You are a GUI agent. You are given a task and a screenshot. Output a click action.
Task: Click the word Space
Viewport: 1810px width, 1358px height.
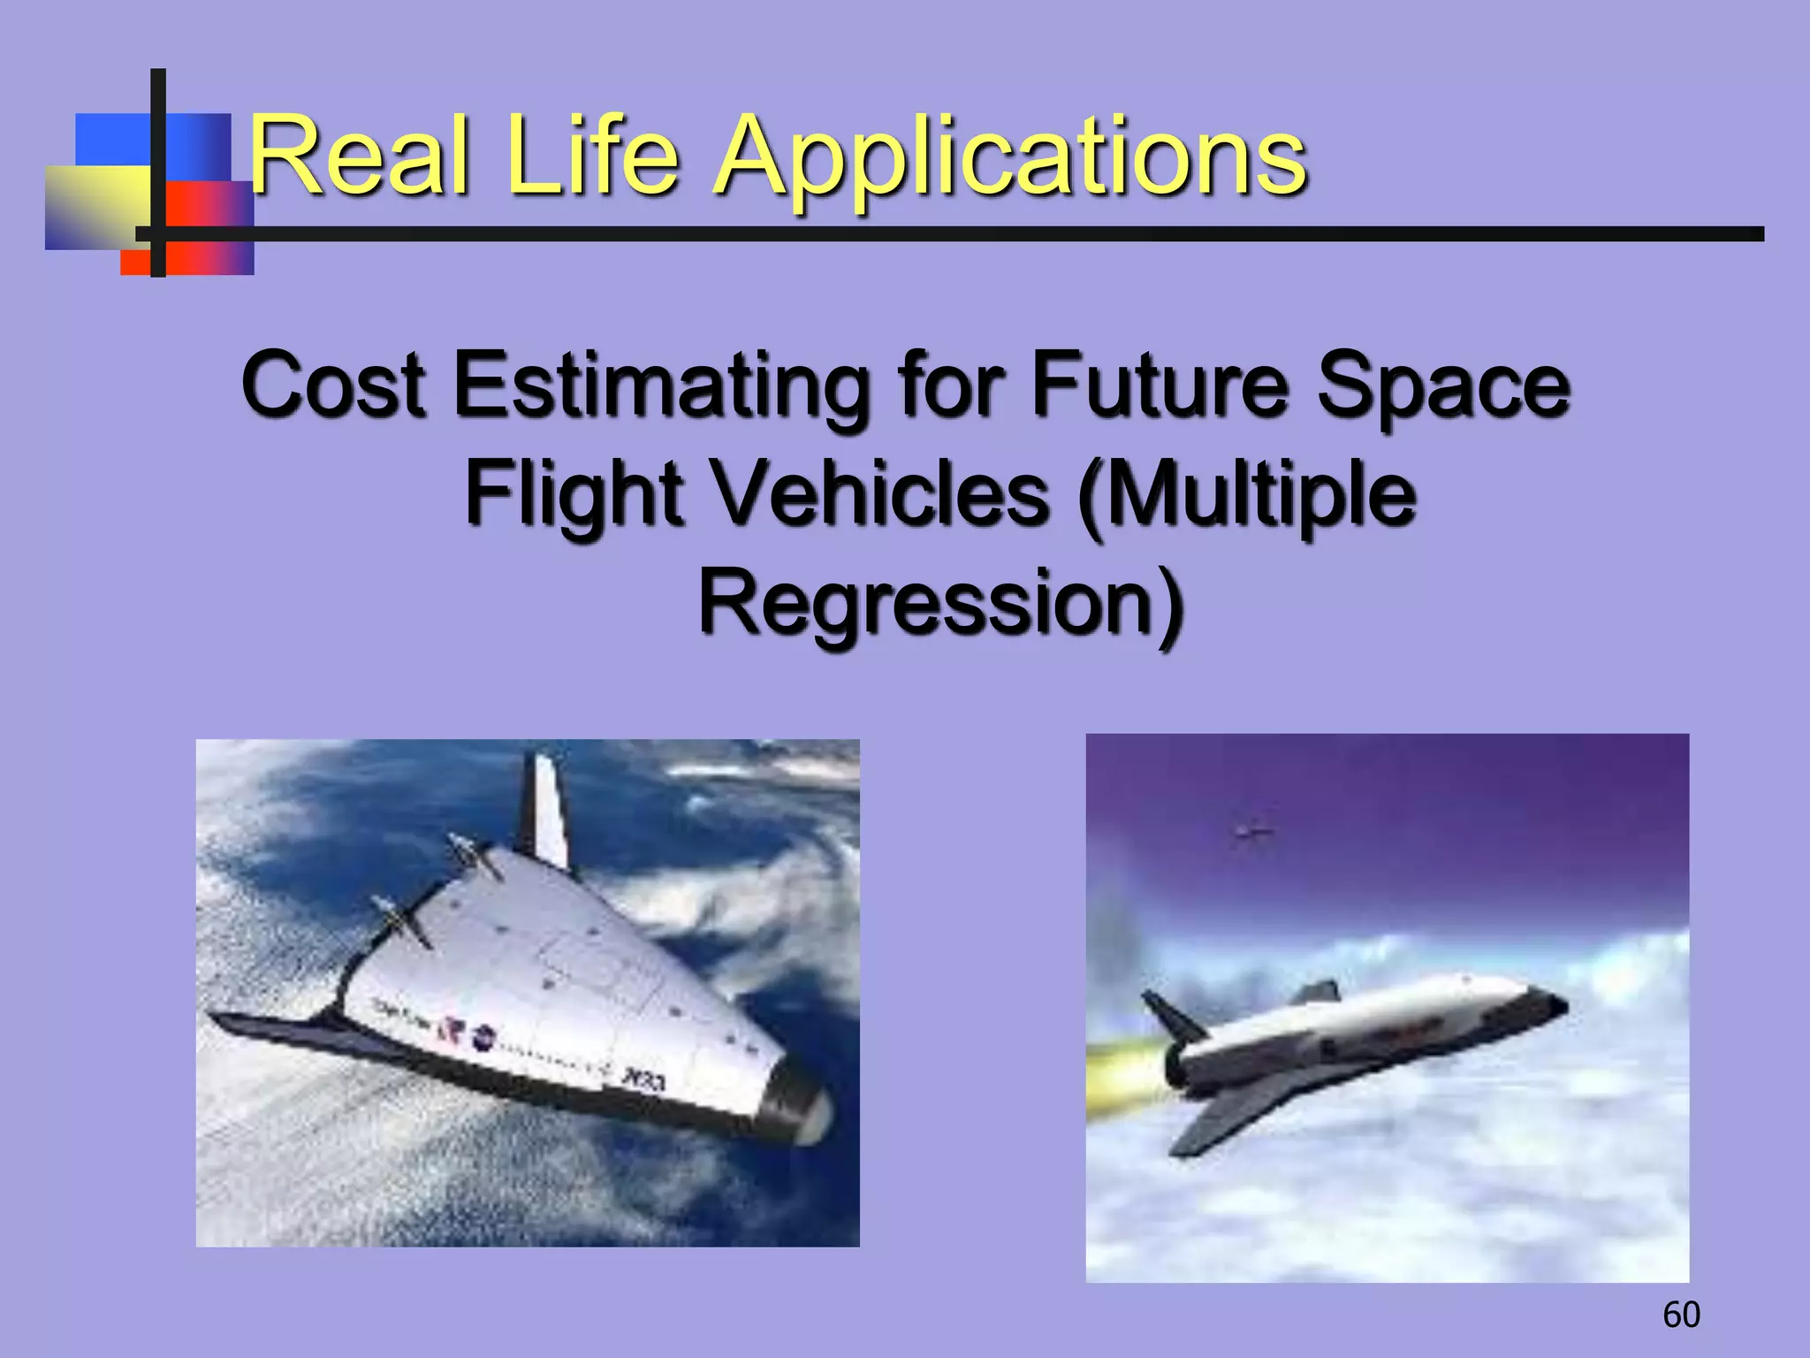click(1442, 385)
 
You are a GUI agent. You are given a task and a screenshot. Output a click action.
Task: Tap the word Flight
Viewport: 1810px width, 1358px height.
click(574, 495)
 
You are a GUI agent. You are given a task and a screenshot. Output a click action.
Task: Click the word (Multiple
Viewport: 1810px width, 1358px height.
click(1246, 495)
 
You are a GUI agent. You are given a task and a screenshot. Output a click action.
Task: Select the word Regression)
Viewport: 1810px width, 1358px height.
click(940, 605)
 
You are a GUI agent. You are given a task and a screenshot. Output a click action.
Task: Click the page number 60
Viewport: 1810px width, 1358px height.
click(1681, 1315)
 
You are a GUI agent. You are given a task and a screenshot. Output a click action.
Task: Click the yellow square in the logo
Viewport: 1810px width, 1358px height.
click(93, 205)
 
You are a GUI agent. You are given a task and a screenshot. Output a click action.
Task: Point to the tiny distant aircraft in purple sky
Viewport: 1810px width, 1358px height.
click(1252, 830)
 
